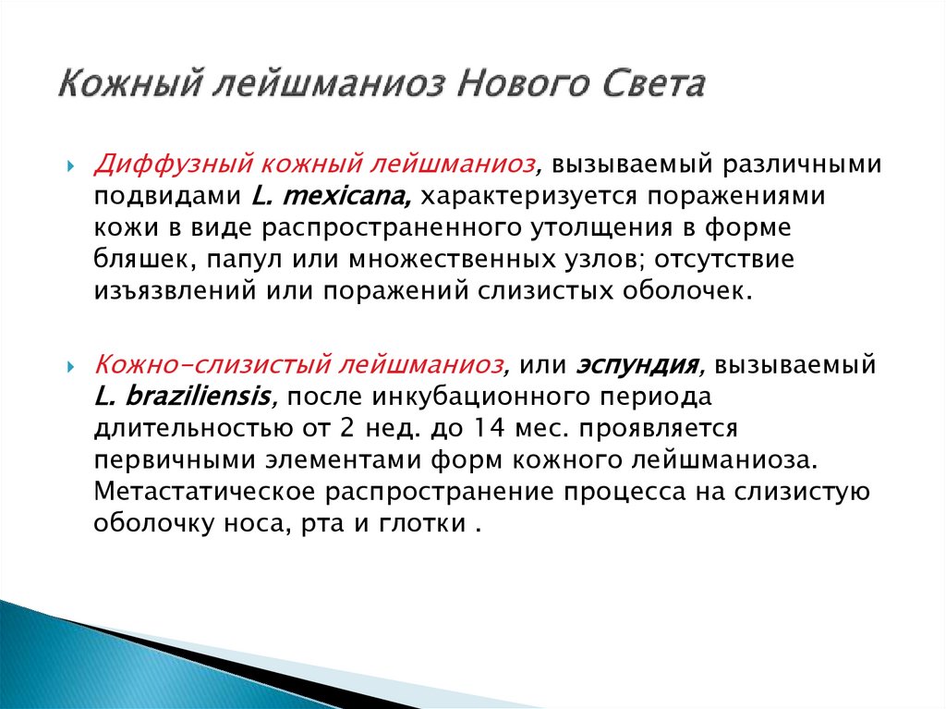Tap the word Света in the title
tap(655, 85)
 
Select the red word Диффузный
tap(169, 164)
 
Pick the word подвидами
tap(166, 196)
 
